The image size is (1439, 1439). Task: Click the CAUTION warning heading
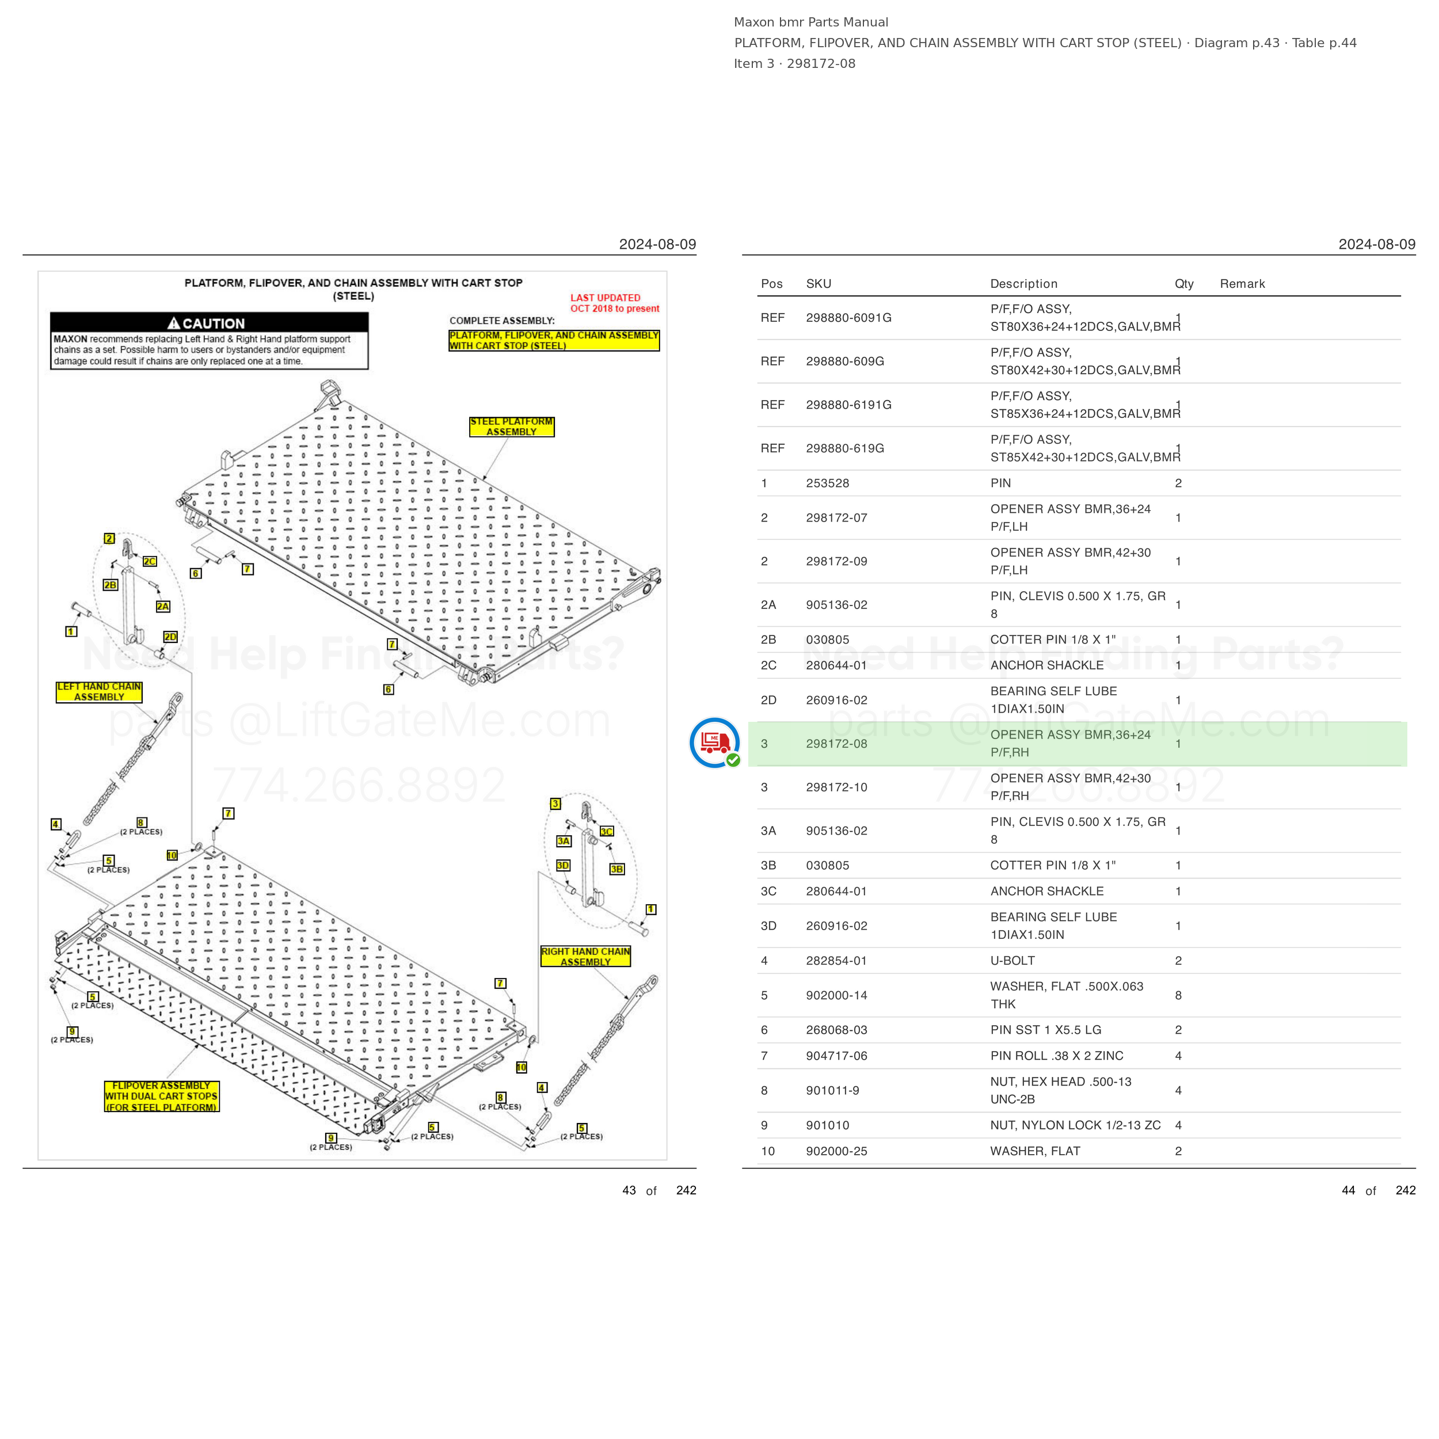[206, 323]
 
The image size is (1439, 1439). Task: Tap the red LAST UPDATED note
[615, 303]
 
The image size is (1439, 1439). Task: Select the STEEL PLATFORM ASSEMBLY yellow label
[512, 427]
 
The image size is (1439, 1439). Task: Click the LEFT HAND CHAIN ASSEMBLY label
[99, 692]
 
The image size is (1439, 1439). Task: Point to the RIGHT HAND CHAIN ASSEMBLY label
[585, 956]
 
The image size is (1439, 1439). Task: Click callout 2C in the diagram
[150, 562]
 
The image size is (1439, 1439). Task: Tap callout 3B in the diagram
[616, 869]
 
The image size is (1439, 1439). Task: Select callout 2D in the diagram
[170, 637]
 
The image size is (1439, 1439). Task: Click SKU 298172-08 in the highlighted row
[836, 743]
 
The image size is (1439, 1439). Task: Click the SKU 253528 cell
[828, 484]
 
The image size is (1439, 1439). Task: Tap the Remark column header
[1242, 284]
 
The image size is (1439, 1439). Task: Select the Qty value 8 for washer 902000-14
[1178, 995]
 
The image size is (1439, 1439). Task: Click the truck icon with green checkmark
[714, 743]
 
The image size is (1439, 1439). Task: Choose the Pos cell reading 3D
[768, 926]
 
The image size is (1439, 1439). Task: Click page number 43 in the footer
[629, 1190]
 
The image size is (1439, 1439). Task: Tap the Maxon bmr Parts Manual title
[811, 22]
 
